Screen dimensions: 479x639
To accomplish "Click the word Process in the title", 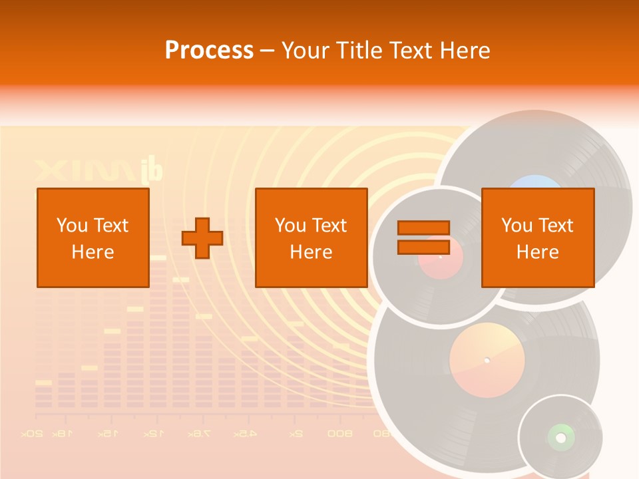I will click(x=209, y=51).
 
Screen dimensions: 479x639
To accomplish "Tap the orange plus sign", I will click(x=202, y=238).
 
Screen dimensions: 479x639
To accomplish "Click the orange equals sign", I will click(x=423, y=238).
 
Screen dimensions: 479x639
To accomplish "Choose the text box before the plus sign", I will click(x=93, y=238).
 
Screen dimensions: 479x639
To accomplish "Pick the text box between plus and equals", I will click(x=312, y=238).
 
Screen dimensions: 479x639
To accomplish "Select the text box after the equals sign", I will click(x=538, y=238).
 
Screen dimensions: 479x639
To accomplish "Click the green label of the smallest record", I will click(x=560, y=437).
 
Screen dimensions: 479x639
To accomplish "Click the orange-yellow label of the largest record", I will click(x=487, y=360).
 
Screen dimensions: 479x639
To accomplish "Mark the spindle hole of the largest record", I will click(x=487, y=360).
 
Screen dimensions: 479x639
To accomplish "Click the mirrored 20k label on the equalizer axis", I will click(x=32, y=434).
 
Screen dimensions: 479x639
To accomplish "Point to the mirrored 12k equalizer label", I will click(x=152, y=434).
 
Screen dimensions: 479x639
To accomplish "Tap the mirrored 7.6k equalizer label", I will click(x=198, y=434).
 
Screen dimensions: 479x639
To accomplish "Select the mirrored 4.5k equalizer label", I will click(x=245, y=434).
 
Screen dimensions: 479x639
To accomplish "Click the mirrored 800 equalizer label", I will click(x=339, y=434).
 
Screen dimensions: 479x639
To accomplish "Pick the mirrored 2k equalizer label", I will click(x=296, y=434).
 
